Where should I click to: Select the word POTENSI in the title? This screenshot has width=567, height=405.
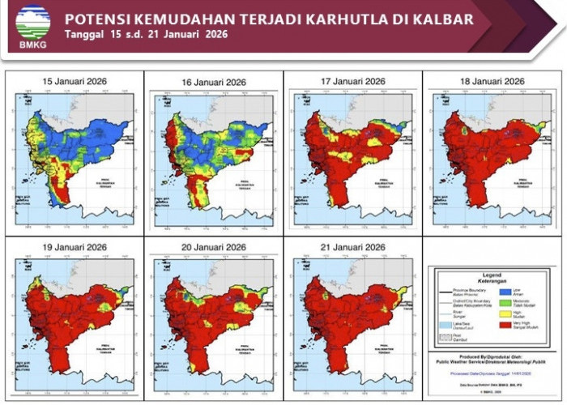(97, 19)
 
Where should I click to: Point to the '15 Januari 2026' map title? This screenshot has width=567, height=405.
(75, 82)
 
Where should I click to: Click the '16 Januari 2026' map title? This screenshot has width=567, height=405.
(214, 83)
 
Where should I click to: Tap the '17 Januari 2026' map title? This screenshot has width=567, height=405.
(352, 82)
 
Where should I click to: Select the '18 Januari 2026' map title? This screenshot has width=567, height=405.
(492, 82)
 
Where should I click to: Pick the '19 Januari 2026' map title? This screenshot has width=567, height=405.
(75, 247)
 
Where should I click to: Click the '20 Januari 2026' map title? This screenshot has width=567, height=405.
(214, 247)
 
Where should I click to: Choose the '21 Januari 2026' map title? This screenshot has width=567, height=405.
(352, 247)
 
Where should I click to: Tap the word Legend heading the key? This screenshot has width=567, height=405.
(492, 275)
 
